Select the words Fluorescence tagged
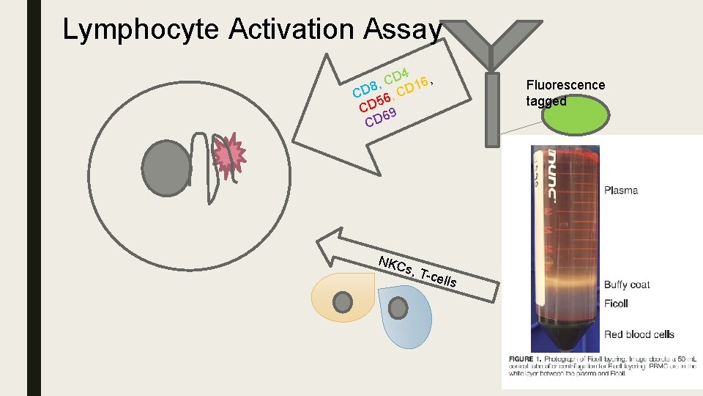(x=565, y=93)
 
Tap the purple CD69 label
(x=381, y=117)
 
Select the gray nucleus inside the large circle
(x=168, y=166)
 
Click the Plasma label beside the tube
(x=621, y=191)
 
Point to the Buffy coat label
(x=627, y=285)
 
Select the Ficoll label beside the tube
(x=616, y=304)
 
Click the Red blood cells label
(x=639, y=334)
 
